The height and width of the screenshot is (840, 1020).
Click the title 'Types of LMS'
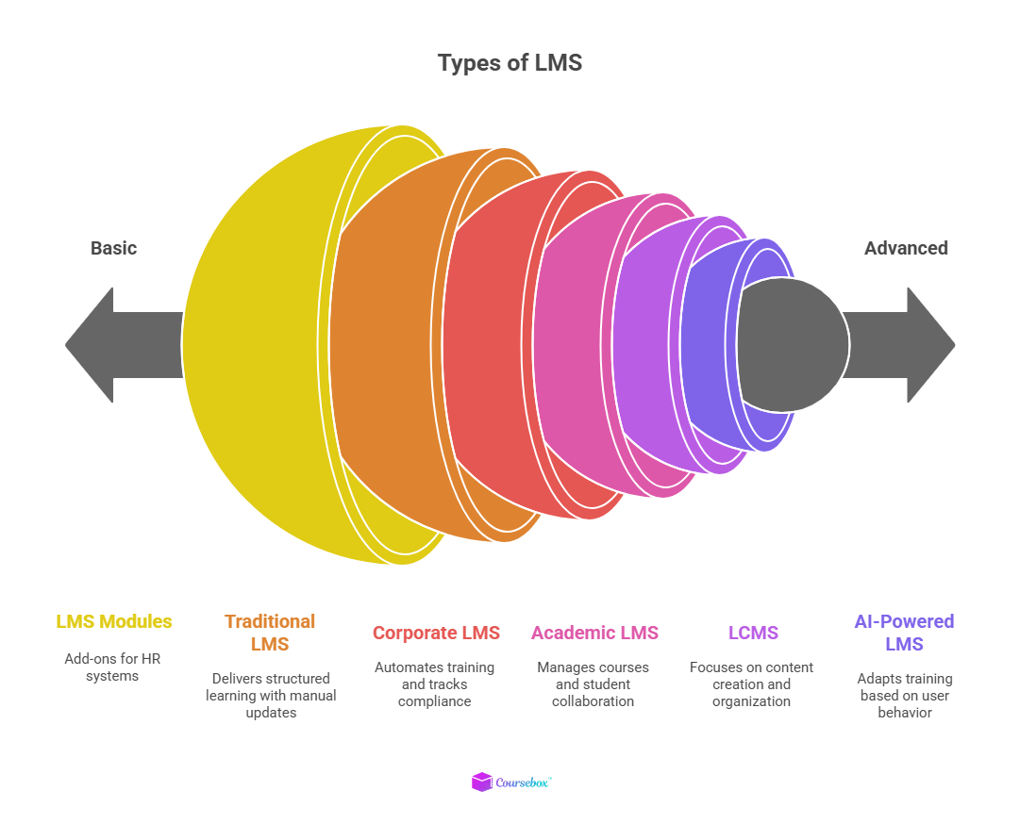[x=510, y=63]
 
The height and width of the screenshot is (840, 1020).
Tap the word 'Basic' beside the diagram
[x=113, y=248]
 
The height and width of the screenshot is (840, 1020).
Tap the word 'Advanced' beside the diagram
[x=906, y=248]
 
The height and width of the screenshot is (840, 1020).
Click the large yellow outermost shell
[x=255, y=345]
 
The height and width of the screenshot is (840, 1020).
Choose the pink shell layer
[x=572, y=345]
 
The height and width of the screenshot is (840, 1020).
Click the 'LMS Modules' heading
[x=114, y=621]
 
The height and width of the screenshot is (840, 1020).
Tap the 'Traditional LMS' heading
[x=270, y=633]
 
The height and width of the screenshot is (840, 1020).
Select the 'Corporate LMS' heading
[x=436, y=633]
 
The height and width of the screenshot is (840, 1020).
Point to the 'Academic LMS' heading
[x=594, y=633]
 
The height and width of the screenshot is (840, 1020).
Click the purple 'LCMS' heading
[x=752, y=633]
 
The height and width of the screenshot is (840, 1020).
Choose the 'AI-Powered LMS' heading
[x=904, y=633]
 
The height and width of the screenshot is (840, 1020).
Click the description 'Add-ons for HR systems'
[x=113, y=667]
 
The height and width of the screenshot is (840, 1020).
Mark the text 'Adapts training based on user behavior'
[x=905, y=695]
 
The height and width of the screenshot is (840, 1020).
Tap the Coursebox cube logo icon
[x=481, y=782]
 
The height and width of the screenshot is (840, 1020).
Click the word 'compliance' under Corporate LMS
[x=434, y=701]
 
